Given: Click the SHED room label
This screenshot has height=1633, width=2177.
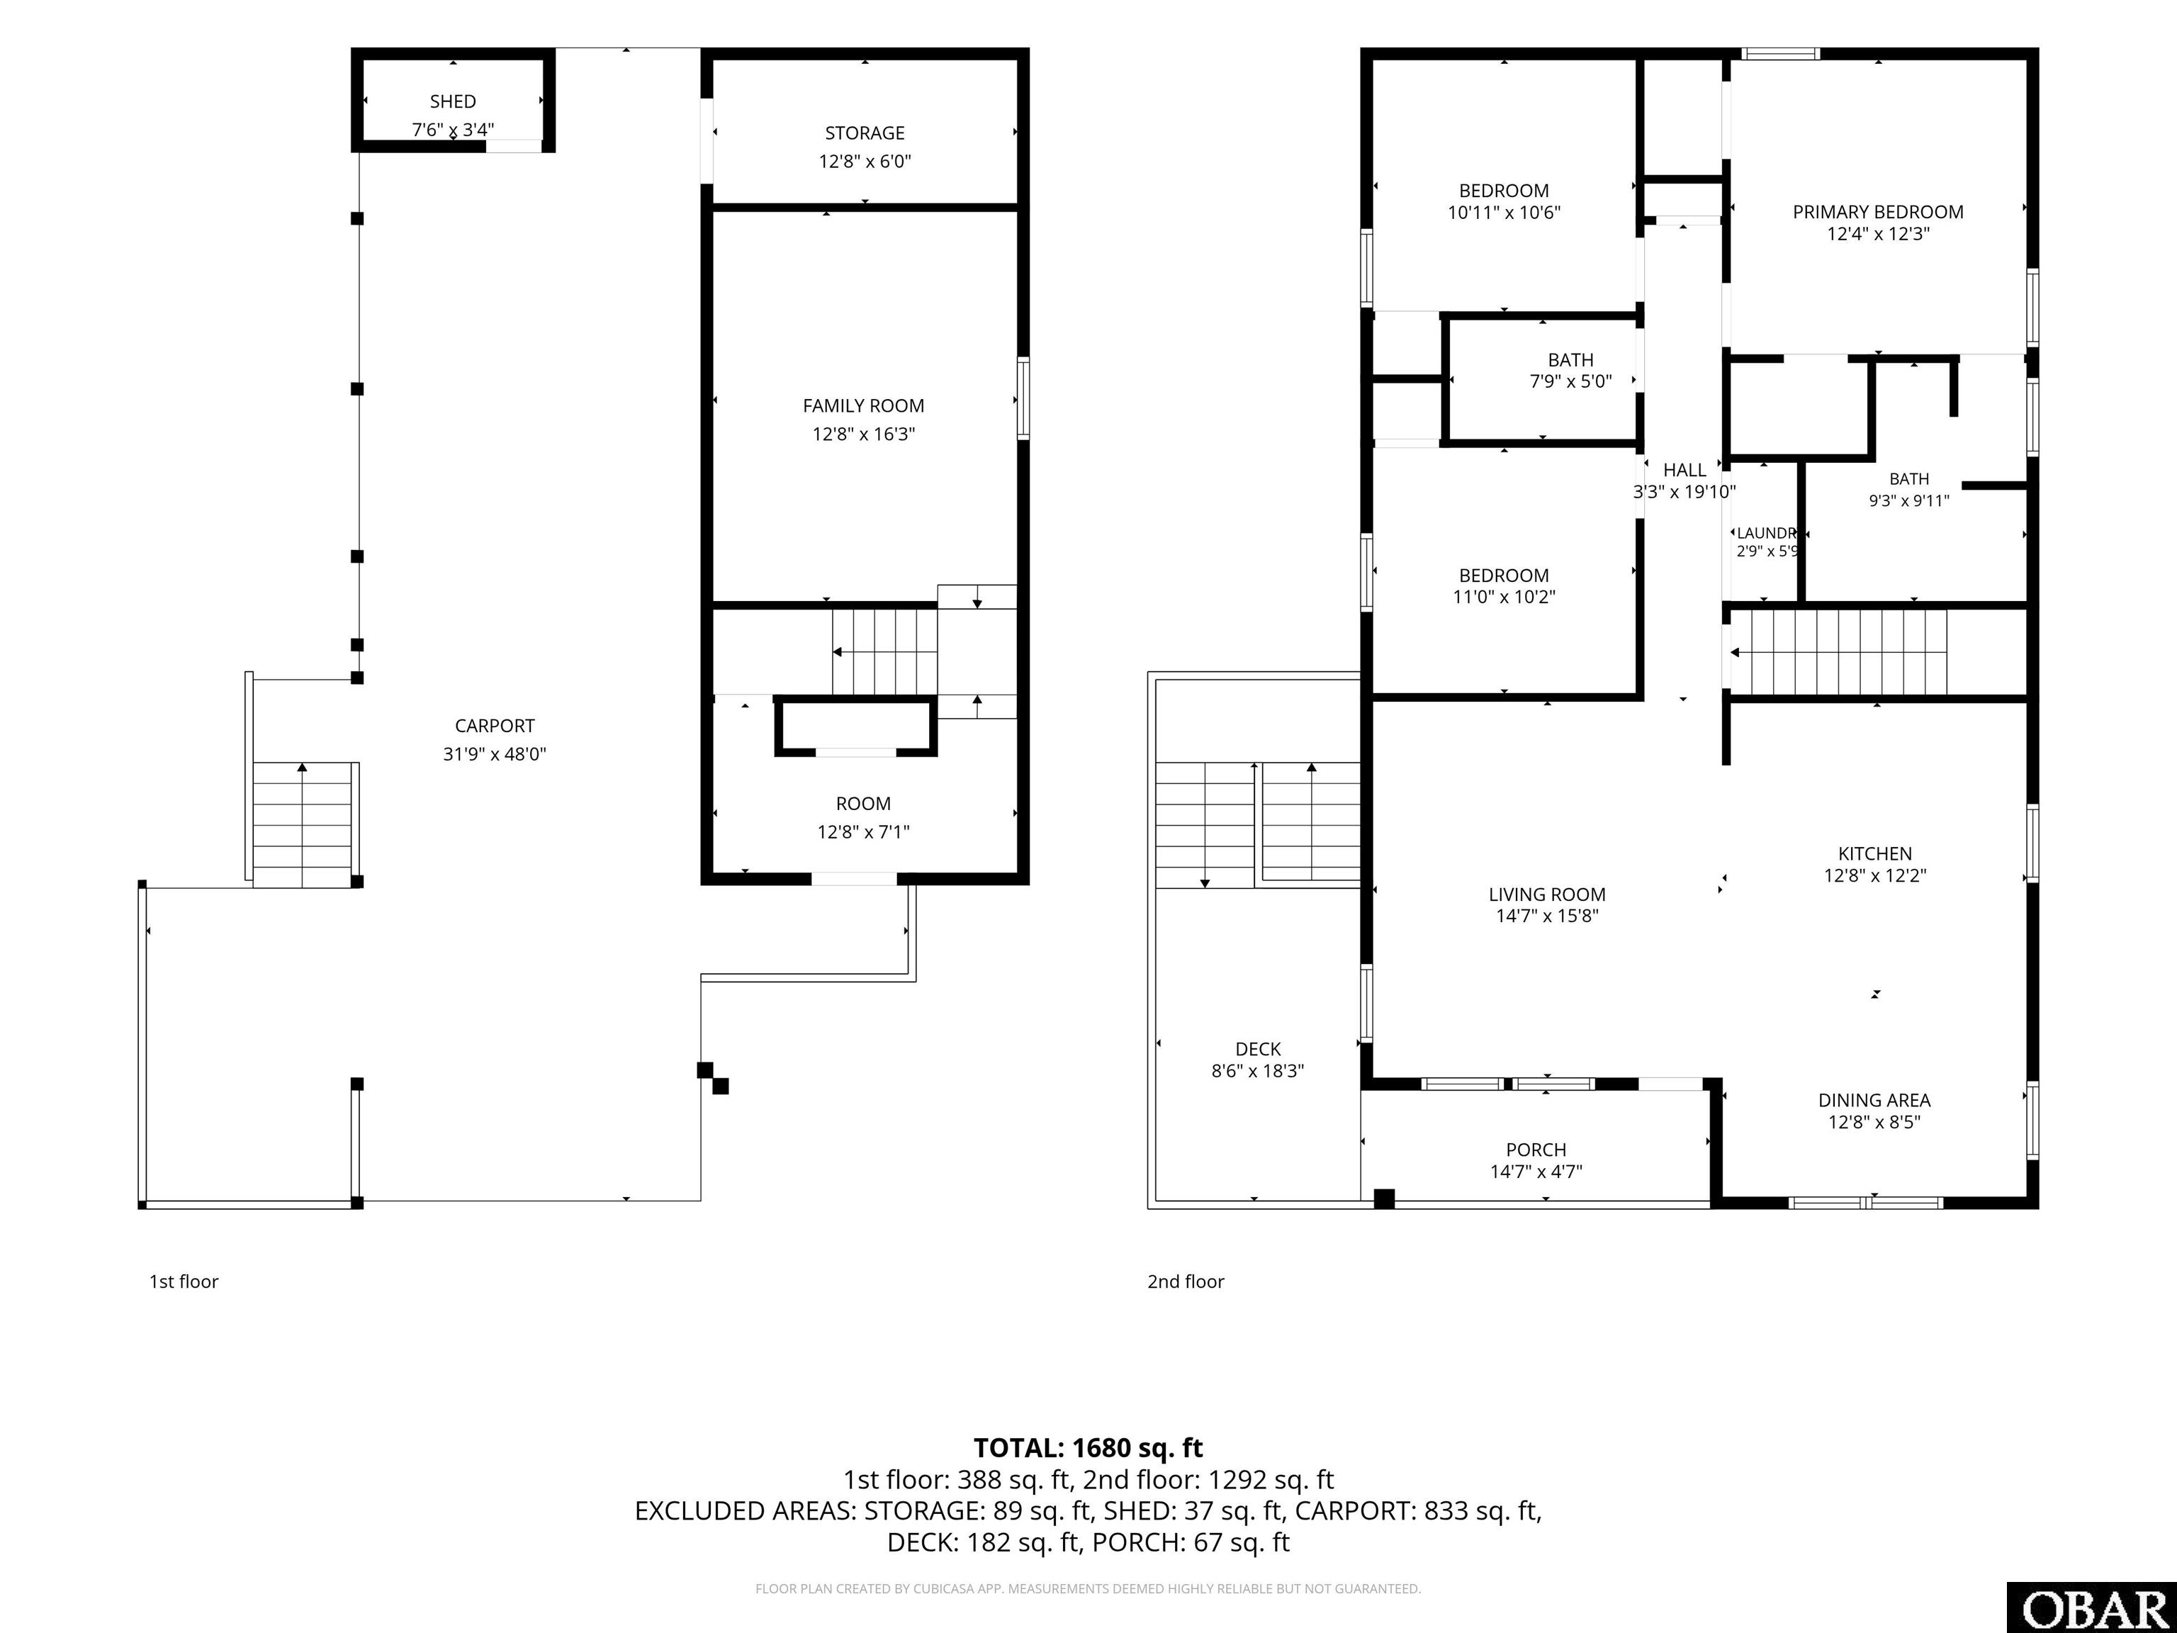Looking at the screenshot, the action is pyautogui.click(x=453, y=101).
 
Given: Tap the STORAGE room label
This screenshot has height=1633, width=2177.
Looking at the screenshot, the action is pyautogui.click(x=864, y=133).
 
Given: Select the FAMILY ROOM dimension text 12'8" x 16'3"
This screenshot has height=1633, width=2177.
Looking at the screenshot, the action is pyautogui.click(x=863, y=434).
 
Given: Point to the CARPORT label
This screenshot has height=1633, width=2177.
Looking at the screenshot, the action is pyautogui.click(x=494, y=726).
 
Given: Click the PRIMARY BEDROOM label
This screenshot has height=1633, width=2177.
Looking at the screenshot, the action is pyautogui.click(x=1878, y=212).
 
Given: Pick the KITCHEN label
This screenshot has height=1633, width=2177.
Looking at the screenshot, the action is pyautogui.click(x=1875, y=853).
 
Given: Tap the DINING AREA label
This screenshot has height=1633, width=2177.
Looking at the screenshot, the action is pyautogui.click(x=1874, y=1101).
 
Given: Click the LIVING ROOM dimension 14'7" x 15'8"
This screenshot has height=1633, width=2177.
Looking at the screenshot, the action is pyautogui.click(x=1547, y=916).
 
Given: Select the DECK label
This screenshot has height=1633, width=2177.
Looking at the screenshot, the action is pyautogui.click(x=1258, y=1049).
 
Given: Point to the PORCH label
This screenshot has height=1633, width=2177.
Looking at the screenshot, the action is pyautogui.click(x=1536, y=1150).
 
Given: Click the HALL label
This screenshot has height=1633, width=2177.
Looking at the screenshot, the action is pyautogui.click(x=1684, y=471).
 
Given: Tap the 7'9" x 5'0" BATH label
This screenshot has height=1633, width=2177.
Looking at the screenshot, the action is pyautogui.click(x=1571, y=360).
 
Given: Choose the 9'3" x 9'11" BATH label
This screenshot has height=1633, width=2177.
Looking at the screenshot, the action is pyautogui.click(x=1908, y=478).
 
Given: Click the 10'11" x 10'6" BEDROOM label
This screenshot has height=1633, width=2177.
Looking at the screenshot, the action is pyautogui.click(x=1504, y=191).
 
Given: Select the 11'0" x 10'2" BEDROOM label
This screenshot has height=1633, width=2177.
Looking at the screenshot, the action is pyautogui.click(x=1504, y=576).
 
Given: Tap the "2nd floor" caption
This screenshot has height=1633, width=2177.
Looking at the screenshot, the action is pyautogui.click(x=1185, y=1281).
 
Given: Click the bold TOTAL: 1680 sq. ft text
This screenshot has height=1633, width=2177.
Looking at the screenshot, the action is pyautogui.click(x=1088, y=1448).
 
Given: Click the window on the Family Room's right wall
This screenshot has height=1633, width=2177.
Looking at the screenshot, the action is pyautogui.click(x=1023, y=398).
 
